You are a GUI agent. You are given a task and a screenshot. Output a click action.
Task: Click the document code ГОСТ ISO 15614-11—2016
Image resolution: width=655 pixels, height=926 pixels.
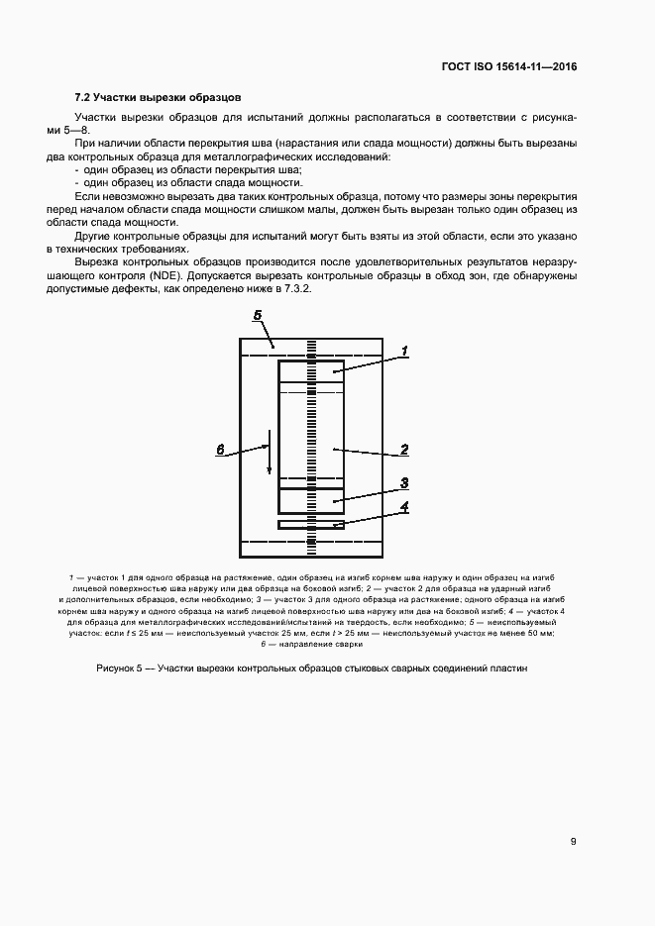click(x=509, y=67)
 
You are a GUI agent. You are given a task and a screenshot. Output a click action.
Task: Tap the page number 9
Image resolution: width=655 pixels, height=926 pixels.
click(x=574, y=842)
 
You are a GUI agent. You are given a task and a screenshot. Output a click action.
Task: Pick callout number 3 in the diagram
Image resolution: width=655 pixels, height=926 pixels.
click(x=404, y=484)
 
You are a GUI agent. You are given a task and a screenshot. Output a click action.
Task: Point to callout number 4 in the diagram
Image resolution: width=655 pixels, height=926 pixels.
click(x=404, y=508)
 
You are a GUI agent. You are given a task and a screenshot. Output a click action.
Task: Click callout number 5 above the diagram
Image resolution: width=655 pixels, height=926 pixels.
click(x=257, y=316)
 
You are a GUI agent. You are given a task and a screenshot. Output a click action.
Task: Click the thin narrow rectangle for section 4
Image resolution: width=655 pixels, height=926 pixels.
click(x=311, y=524)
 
